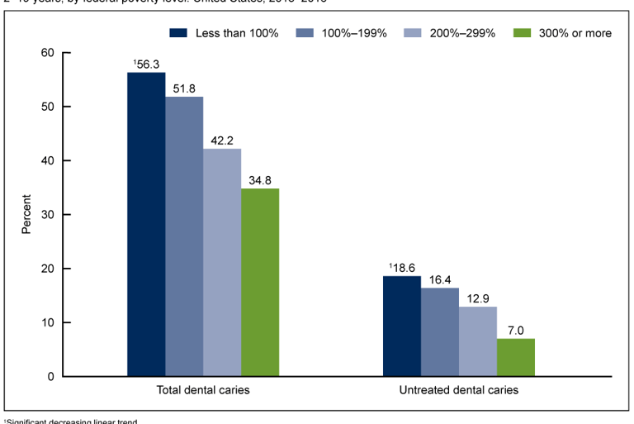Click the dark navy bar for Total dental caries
point(146,224)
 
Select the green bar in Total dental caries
point(260,282)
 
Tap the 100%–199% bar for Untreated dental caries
point(439,331)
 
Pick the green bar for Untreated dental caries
point(515,357)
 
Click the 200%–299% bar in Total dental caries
point(222,262)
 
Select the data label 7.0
point(516,331)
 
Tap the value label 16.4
point(440,280)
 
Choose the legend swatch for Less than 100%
point(178,33)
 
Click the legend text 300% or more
point(573,33)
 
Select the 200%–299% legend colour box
point(413,33)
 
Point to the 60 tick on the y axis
point(47,53)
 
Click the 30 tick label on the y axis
point(47,215)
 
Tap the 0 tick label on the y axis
point(50,377)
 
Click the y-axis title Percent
point(26,215)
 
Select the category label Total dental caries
point(203,390)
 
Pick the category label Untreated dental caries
point(459,390)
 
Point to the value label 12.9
point(478,299)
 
